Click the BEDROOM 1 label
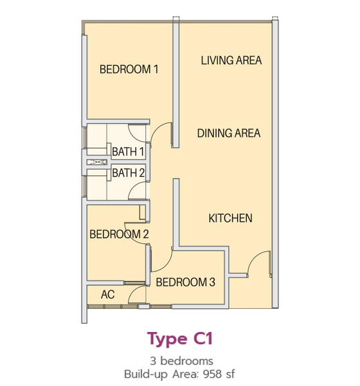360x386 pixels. pos(129,69)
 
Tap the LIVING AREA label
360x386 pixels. pos(231,60)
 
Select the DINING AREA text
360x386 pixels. pos(229,133)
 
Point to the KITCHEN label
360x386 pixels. pos(230,218)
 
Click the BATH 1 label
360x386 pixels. pos(128,152)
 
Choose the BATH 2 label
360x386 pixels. pos(128,173)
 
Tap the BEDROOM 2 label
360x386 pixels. pos(119,234)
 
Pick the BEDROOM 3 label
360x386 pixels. pos(186,282)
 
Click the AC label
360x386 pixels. pos(108,295)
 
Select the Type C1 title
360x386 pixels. pos(180,339)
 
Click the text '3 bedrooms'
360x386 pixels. pos(181,361)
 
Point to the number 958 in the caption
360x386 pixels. pos(213,374)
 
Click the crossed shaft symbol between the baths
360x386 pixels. pos(97,162)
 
